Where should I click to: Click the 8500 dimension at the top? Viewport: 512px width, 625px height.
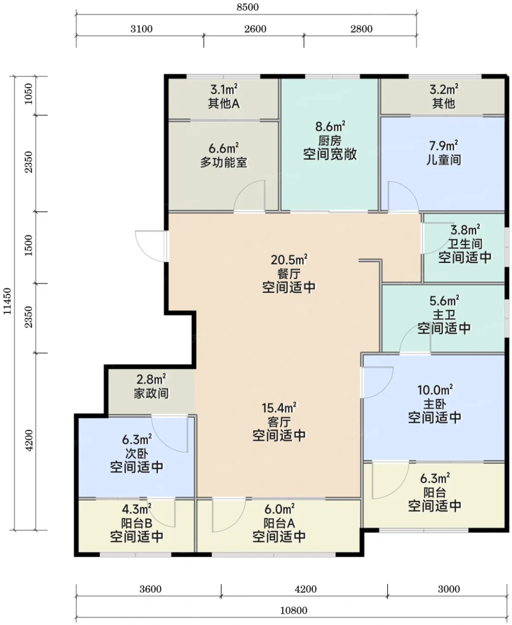248,7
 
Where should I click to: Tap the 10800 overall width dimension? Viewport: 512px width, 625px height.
293,610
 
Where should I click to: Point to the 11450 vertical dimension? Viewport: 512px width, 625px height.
7,301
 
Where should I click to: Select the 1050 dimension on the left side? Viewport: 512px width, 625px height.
29,94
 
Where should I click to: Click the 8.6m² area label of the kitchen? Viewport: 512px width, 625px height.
330,126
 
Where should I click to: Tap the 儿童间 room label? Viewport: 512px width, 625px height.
443,160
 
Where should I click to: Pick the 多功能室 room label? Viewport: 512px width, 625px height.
223,162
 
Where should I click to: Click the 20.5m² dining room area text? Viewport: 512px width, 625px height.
289,260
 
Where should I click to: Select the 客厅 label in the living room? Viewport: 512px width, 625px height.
279,422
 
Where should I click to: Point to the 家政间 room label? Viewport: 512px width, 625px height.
151,394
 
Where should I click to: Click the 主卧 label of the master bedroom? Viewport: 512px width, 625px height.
435,404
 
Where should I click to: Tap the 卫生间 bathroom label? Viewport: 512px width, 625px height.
465,244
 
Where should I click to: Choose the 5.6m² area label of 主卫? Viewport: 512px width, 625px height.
444,301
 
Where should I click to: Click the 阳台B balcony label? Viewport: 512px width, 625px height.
136,523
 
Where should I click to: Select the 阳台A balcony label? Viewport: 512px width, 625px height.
279,523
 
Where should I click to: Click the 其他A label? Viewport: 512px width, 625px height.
223,104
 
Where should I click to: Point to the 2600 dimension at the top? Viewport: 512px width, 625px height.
255,29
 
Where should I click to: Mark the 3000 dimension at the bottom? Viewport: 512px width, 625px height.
449,589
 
